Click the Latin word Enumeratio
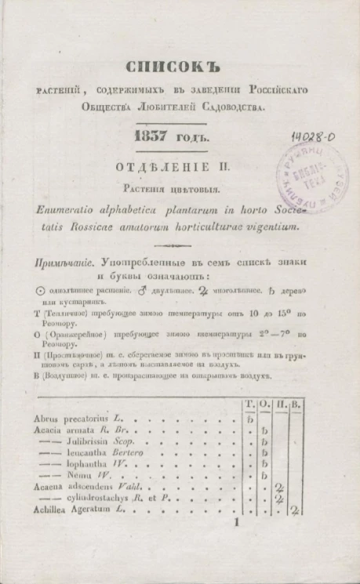click(x=73, y=211)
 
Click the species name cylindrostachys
click(x=103, y=499)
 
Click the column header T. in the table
click(x=249, y=404)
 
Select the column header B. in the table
click(x=296, y=404)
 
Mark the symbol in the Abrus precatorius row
click(x=249, y=419)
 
